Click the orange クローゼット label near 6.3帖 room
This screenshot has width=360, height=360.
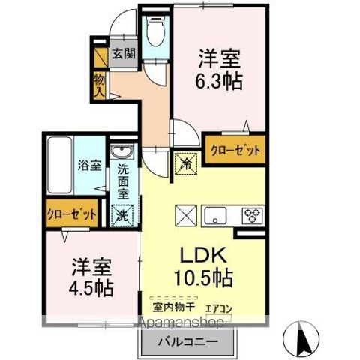coord(235,150)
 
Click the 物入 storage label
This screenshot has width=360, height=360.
coord(99,85)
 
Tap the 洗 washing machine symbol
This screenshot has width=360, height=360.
coord(122,214)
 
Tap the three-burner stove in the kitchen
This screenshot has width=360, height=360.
coord(250,215)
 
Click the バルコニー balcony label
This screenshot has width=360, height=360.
coord(187,341)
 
